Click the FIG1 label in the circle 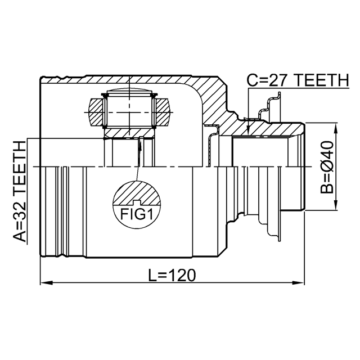(x=137, y=214)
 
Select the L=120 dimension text (x=172, y=275)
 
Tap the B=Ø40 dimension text (x=327, y=168)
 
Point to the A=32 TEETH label (x=20, y=191)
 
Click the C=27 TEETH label (x=298, y=80)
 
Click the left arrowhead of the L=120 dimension (x=47, y=282)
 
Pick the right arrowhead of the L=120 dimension (x=298, y=282)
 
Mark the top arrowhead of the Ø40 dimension (x=336, y=129)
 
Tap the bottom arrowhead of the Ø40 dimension (x=336, y=204)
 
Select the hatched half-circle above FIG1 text (x=137, y=192)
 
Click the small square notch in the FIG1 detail (x=137, y=202)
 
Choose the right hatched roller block (x=163, y=112)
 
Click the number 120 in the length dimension (x=183, y=275)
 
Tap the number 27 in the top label (x=277, y=80)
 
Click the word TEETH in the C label (x=321, y=80)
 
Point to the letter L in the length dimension (x=152, y=275)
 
